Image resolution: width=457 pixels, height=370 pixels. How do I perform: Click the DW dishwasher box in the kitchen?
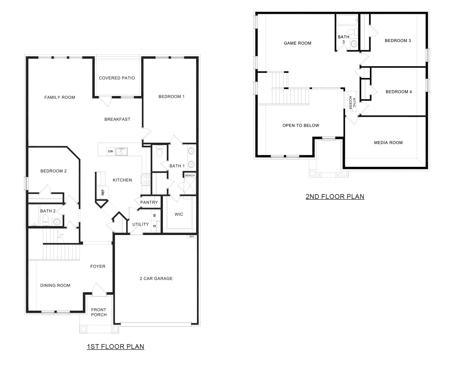tap(110, 151)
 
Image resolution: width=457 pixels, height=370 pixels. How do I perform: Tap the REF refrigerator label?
tap(103, 192)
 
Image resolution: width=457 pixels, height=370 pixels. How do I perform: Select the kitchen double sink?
tap(122, 152)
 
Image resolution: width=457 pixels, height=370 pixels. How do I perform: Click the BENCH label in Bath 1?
tap(190, 176)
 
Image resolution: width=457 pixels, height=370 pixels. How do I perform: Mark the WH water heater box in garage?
tap(192, 236)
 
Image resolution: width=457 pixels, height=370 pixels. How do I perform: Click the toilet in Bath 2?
tap(45, 219)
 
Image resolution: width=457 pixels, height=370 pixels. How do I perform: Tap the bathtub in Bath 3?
tap(347, 21)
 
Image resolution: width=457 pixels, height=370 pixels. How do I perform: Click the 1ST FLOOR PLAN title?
tap(115, 346)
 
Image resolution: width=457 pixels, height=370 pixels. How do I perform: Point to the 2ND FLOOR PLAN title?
tap(335, 196)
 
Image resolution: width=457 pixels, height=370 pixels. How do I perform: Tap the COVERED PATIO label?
tap(117, 78)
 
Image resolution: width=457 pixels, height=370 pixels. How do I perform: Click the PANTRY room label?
tap(149, 202)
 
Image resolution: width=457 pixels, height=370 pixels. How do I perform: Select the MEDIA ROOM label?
tap(388, 143)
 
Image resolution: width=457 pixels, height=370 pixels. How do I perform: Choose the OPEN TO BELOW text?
tap(301, 126)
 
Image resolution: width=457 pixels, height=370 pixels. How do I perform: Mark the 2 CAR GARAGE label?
tap(156, 279)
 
